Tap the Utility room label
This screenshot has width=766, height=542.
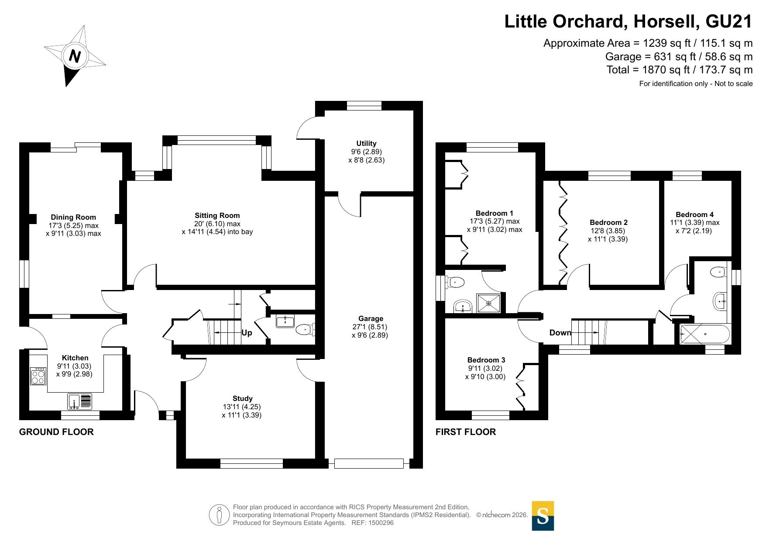(x=366, y=143)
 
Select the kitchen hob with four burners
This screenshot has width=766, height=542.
(x=38, y=376)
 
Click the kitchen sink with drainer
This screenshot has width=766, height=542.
(x=80, y=401)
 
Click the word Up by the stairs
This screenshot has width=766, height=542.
(x=247, y=333)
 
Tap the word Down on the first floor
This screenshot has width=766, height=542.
(x=560, y=333)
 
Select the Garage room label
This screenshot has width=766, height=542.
(x=371, y=319)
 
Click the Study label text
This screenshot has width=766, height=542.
(x=242, y=398)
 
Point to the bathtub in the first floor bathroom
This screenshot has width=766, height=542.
(x=704, y=334)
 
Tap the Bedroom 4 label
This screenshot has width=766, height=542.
(x=694, y=214)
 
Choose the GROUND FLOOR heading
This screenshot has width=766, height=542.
(x=56, y=432)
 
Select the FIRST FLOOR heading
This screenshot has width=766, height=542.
(x=466, y=432)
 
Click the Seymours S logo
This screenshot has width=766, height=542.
(x=543, y=516)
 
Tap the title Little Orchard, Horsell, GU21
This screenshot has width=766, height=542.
(x=629, y=21)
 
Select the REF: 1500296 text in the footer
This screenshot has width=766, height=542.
(x=373, y=523)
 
